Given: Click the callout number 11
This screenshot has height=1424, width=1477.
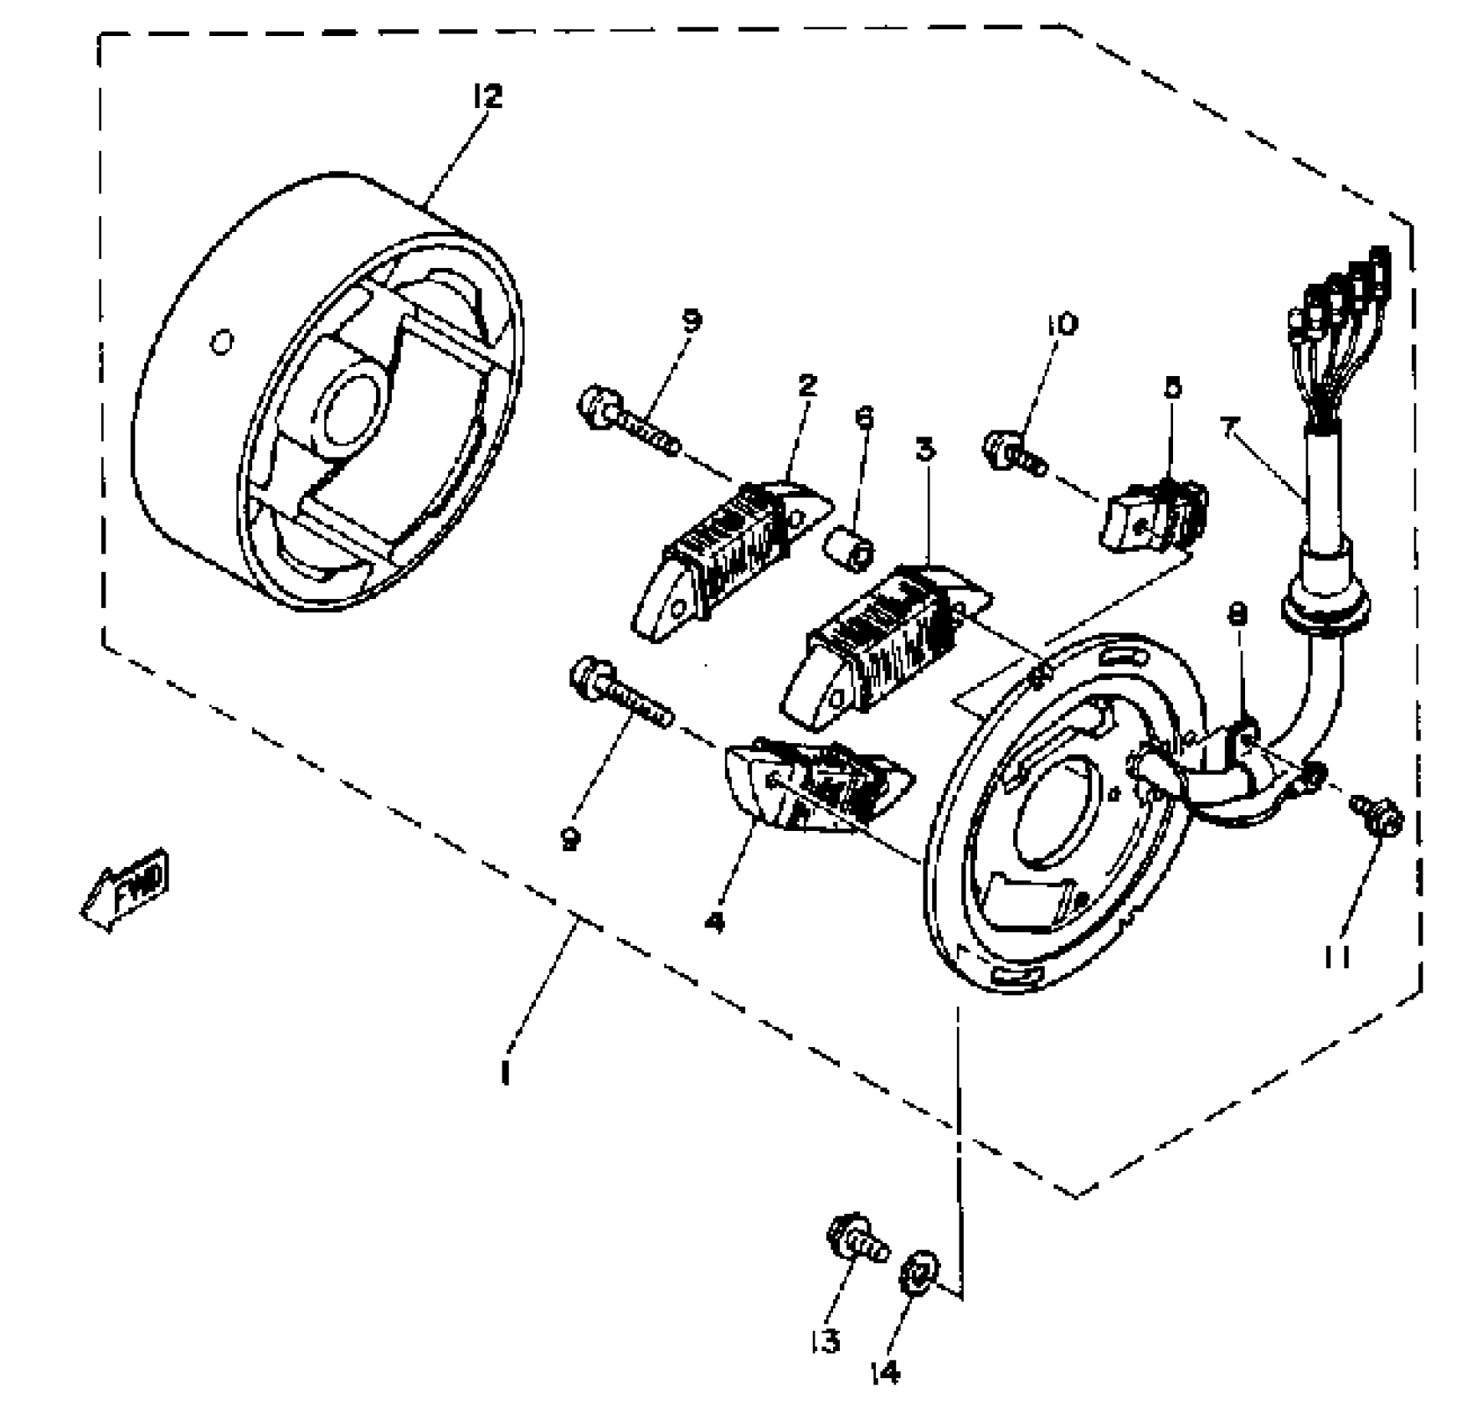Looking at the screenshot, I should pyautogui.click(x=1337, y=956).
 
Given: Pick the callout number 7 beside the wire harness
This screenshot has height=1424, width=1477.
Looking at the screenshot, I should pyautogui.click(x=1229, y=430).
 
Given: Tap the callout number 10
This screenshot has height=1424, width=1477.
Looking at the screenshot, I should pyautogui.click(x=1062, y=324).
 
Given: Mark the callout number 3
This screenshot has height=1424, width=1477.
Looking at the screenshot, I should pyautogui.click(x=924, y=450).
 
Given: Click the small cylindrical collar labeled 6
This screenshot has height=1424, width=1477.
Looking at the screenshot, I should pyautogui.click(x=849, y=549).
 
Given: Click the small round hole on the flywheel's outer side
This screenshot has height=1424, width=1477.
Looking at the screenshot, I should pyautogui.click(x=221, y=343).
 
